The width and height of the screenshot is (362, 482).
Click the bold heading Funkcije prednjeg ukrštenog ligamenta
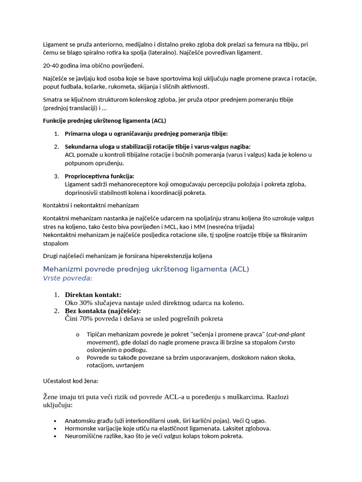[x=104, y=120]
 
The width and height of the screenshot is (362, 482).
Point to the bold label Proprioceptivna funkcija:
[x=99, y=176]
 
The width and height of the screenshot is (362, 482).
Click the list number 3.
[x=56, y=176]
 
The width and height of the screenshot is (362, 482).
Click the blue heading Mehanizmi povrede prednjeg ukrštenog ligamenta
[x=146, y=269]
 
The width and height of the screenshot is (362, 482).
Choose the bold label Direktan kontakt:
[x=93, y=295]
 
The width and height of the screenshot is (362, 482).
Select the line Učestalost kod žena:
[x=71, y=380]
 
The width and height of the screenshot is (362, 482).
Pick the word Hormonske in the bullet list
[x=80, y=428]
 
